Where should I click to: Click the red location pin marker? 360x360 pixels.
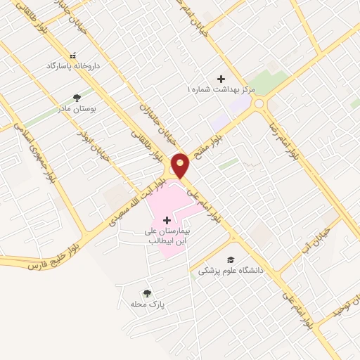tap(181, 165)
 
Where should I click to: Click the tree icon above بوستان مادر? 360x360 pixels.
tap(77, 98)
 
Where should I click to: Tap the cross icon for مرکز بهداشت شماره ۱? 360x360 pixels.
tap(221, 79)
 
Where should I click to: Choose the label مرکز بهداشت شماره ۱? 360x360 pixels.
tap(218, 90)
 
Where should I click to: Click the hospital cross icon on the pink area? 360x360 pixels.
tap(167, 221)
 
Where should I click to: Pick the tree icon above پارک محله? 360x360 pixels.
tap(147, 293)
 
